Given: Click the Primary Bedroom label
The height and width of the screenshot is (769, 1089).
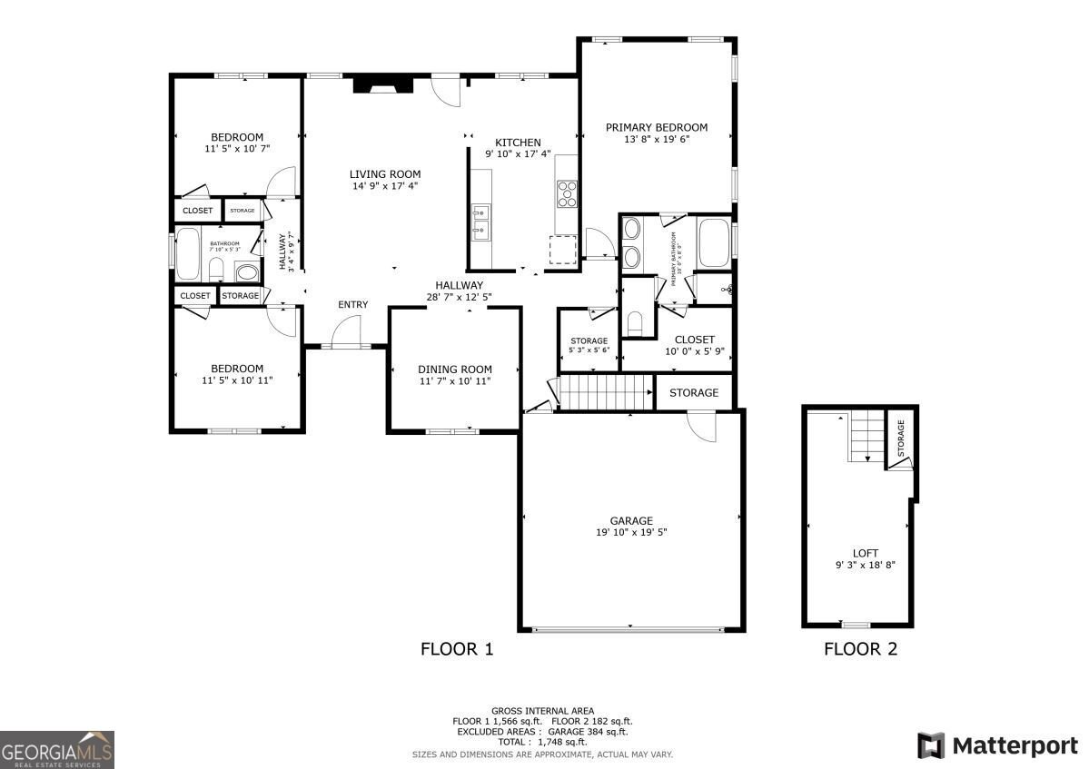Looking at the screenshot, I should (656, 127).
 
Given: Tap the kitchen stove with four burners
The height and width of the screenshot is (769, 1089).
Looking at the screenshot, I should (568, 193).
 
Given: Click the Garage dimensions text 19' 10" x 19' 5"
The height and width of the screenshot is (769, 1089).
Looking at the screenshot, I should (631, 533).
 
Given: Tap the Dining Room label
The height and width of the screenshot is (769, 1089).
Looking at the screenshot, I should (455, 369).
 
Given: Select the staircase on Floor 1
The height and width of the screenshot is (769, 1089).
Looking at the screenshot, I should (605, 394).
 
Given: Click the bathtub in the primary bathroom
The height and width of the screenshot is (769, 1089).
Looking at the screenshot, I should (714, 243).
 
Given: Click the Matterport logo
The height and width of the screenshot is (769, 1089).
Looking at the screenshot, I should (997, 745).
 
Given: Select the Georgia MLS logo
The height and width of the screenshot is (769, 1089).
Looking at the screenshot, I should (57, 750).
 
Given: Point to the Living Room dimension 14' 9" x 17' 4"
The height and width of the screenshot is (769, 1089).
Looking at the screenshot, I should (385, 186).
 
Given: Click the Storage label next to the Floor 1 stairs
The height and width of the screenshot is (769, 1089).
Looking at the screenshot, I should (694, 393).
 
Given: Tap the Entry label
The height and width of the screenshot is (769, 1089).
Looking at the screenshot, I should (352, 304).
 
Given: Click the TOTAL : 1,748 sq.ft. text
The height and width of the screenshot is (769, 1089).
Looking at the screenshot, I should (542, 742).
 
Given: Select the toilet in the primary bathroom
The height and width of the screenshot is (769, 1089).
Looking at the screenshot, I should (636, 321).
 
